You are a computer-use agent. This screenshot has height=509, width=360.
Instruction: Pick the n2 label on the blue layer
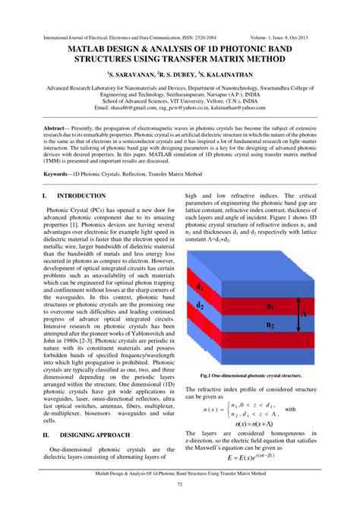(270, 324)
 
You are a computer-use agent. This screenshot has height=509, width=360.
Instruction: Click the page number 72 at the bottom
(180, 484)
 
